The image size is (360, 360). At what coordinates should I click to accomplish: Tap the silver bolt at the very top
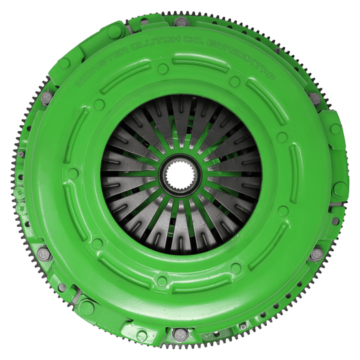coord(181,22)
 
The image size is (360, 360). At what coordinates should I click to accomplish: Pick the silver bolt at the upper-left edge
coord(45,98)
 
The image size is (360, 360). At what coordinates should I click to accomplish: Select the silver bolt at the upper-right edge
coord(314,99)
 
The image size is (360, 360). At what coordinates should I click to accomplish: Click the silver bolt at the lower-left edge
coord(43,254)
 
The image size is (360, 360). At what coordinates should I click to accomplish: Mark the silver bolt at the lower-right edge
coord(315,254)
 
